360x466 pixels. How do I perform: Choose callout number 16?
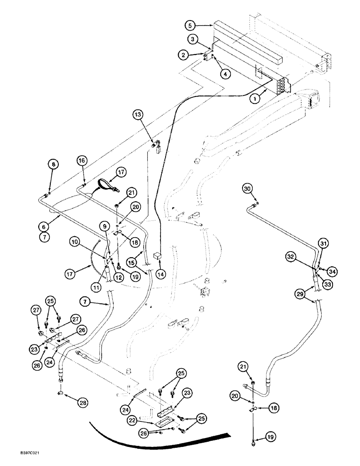pyautogui.click(x=82, y=161)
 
